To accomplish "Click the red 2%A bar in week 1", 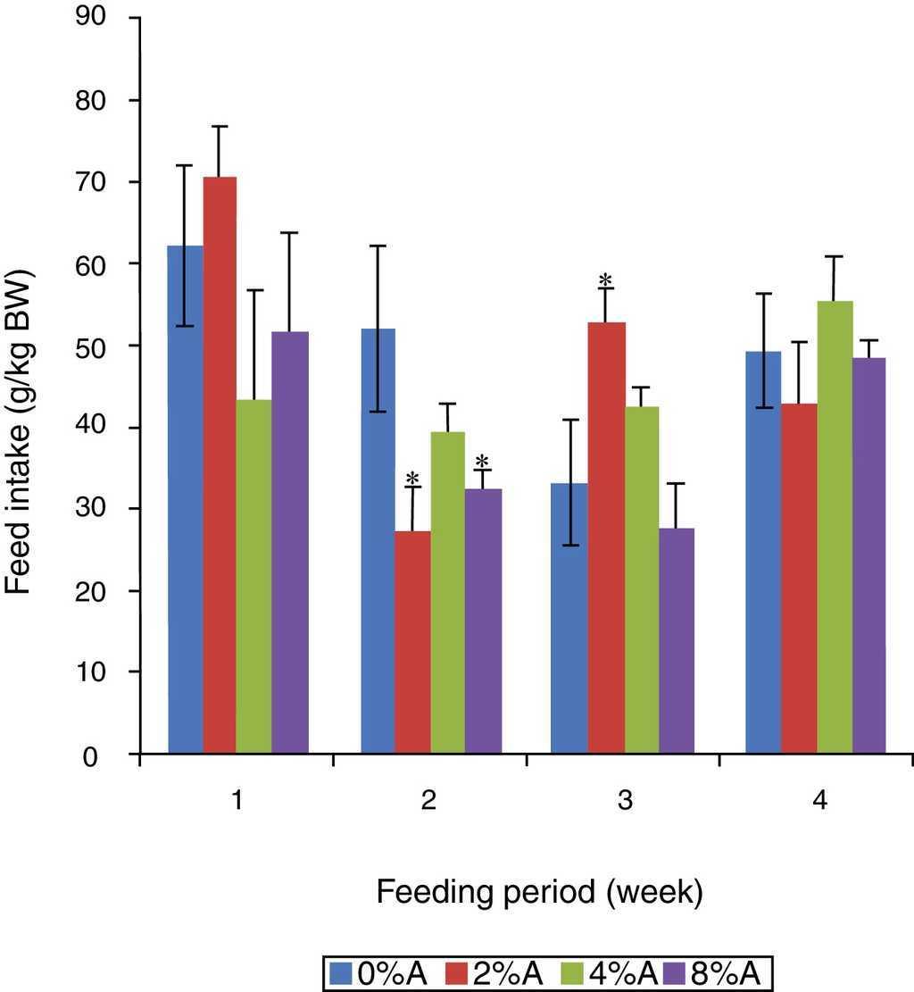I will pyautogui.click(x=220, y=464).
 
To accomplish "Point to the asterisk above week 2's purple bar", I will pyautogui.click(x=482, y=462).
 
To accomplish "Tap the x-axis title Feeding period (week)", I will pyautogui.click(x=539, y=892).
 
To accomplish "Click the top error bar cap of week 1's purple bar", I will pyautogui.click(x=289, y=233).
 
